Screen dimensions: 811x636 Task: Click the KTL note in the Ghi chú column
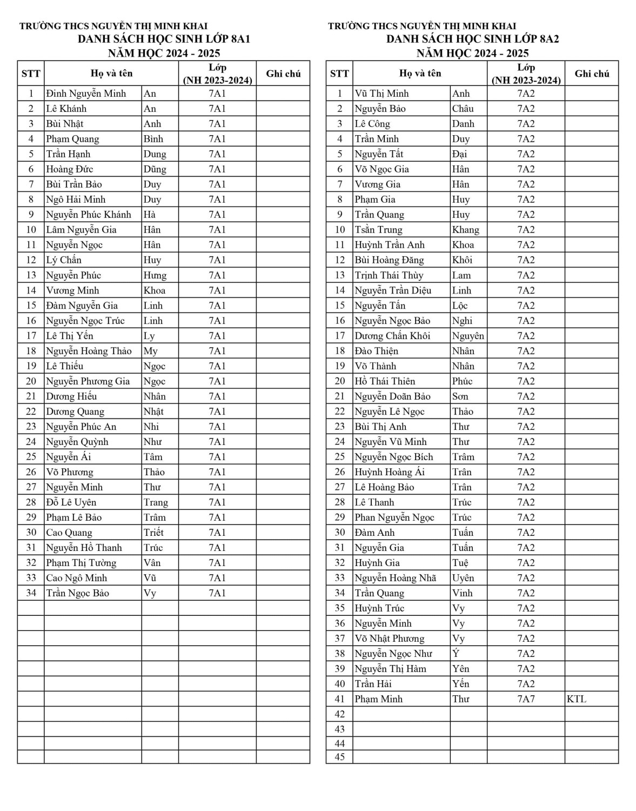coord(577,699)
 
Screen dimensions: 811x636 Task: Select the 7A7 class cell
coord(526,699)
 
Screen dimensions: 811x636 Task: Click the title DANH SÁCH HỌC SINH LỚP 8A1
coord(164,39)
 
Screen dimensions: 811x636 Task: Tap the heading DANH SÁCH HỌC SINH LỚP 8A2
coord(472,39)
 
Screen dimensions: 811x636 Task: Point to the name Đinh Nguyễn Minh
coord(86,94)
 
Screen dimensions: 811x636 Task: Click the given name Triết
coord(153,533)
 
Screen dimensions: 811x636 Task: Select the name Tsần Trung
coord(378,230)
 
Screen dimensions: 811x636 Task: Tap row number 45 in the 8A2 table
coord(339,757)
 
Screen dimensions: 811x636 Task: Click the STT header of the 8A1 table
coord(31,74)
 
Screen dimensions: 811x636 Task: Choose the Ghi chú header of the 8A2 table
coord(592,74)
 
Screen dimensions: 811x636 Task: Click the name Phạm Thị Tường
coord(81,563)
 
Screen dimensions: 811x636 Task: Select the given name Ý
coord(456,654)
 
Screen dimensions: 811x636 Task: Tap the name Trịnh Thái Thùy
coord(389,275)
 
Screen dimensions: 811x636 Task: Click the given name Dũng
coord(155,169)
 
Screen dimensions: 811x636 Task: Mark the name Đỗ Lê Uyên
coord(71,502)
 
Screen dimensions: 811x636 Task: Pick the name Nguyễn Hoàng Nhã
coord(395,578)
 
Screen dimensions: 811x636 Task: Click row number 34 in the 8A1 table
coord(31,593)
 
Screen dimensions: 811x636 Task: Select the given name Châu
coord(463,109)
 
